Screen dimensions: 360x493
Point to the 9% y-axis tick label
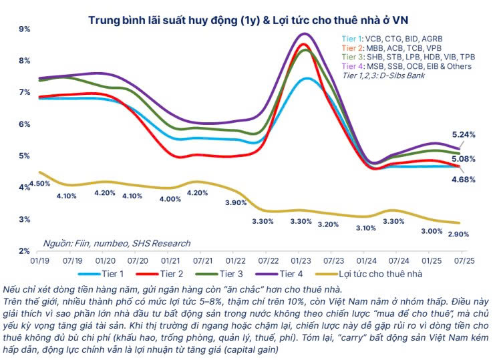click(x=25, y=29)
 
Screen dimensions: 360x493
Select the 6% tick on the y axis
click(x=25, y=124)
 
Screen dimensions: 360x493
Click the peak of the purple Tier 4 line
click(x=305, y=33)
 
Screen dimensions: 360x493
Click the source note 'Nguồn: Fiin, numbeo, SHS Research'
click(x=116, y=244)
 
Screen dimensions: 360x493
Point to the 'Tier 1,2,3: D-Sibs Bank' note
click(x=383, y=75)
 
